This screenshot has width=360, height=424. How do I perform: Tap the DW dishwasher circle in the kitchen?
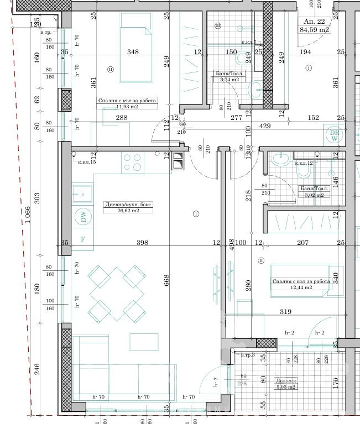tap(84, 217)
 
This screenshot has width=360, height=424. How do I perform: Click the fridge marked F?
tap(83, 239)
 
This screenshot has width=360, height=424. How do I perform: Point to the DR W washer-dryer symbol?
tap(333, 135)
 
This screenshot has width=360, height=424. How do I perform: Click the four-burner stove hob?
tap(133, 162)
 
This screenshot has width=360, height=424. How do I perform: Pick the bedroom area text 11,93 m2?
tap(127, 108)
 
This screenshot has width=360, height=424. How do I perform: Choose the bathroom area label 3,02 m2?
tap(314, 195)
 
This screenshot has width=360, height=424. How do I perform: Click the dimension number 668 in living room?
tap(166, 281)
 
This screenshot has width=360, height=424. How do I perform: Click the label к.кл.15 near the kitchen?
tap(87, 162)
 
